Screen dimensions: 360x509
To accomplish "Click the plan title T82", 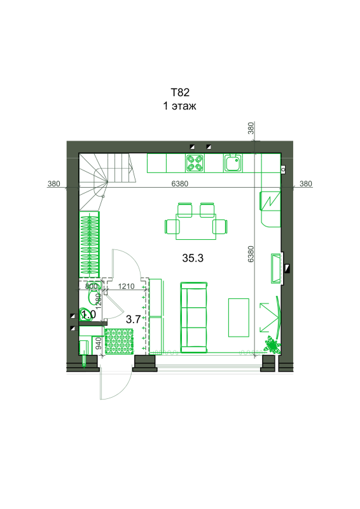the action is pos(180,92).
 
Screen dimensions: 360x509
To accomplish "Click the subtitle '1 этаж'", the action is pos(179,106).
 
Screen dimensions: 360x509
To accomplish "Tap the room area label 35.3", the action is pos(193,258).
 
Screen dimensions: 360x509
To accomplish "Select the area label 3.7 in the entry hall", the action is pos(133,319).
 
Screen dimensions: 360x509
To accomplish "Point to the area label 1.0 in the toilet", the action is pos(88,314).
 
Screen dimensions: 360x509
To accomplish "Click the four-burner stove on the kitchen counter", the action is pos(195,163).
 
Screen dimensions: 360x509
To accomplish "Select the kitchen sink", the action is pos(233,163).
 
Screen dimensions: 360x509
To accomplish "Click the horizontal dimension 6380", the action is pos(180,184).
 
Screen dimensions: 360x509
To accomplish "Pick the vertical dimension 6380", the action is pos(251,254).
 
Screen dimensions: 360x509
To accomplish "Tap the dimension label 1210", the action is pos(127,286).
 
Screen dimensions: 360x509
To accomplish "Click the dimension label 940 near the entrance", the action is pos(99,344).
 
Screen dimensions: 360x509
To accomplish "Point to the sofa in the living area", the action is pos(194,317).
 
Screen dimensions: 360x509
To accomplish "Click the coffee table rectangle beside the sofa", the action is pos(239,317).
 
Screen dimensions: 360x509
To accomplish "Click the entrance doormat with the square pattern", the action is pos(119,341).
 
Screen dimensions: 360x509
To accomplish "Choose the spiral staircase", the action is pos(107,182).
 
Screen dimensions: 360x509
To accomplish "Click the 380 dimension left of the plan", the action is pos(54,184).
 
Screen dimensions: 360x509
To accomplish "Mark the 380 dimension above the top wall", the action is pos(251,128).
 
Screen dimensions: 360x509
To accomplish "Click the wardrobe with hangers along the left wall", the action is pos(89,244).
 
